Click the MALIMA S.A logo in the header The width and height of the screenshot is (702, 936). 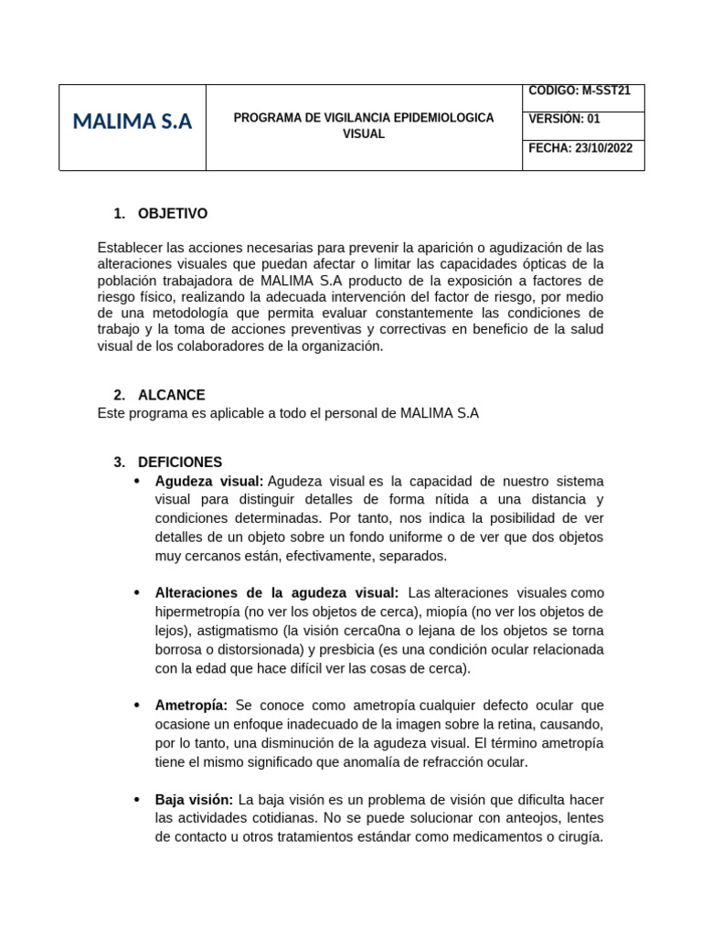pos(132,122)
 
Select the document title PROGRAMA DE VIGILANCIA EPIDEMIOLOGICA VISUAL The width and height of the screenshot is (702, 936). pos(364,126)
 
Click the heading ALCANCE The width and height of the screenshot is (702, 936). pos(171,395)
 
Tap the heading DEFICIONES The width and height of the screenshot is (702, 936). pos(179,463)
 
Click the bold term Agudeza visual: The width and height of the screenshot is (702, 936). pos(209,481)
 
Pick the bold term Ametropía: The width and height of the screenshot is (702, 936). pos(192,706)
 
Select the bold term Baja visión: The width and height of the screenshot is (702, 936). pos(194,800)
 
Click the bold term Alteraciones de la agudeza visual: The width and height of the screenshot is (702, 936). pos(277,593)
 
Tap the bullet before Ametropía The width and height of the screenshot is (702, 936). pos(137,706)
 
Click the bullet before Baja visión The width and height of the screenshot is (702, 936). pos(137,800)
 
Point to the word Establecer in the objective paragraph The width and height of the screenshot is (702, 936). pos(128,248)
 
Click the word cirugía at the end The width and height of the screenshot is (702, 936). pos(579,837)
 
